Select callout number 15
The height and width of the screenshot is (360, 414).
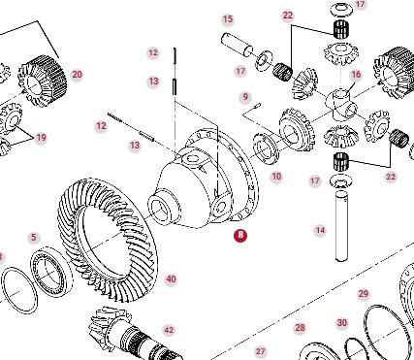[x=228, y=19]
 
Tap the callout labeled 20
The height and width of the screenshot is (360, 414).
[x=77, y=75]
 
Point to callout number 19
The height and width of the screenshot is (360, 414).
[x=41, y=138]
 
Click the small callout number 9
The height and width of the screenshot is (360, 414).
[x=245, y=96]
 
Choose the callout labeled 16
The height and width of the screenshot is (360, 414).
[x=356, y=74]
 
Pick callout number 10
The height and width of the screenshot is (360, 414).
[x=276, y=177]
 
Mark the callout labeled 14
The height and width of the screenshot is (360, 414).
[x=320, y=230]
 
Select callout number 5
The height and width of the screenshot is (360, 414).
[x=33, y=237]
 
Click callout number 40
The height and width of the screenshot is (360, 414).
[x=171, y=279]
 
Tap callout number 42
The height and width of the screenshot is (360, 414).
[x=169, y=330]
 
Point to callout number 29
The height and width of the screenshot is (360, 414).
[x=364, y=293]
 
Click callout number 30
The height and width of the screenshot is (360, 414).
[x=342, y=323]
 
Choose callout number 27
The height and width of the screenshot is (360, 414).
[x=260, y=350]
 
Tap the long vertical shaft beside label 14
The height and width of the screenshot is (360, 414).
[x=340, y=227]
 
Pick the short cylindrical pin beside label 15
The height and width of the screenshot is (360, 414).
[x=238, y=44]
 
